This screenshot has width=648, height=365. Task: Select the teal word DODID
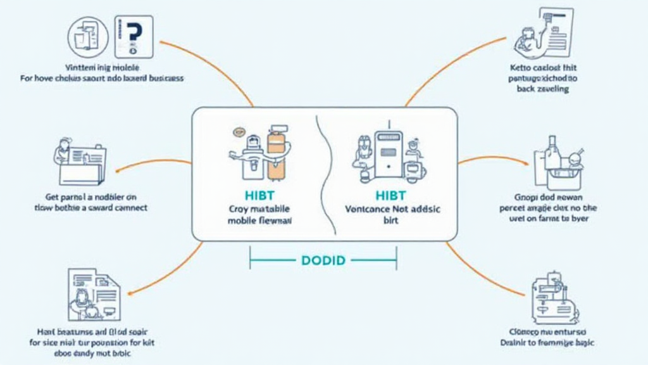click(323, 260)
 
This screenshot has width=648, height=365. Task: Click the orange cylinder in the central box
click(276, 155)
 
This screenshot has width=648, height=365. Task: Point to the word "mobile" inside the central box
click(241, 221)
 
